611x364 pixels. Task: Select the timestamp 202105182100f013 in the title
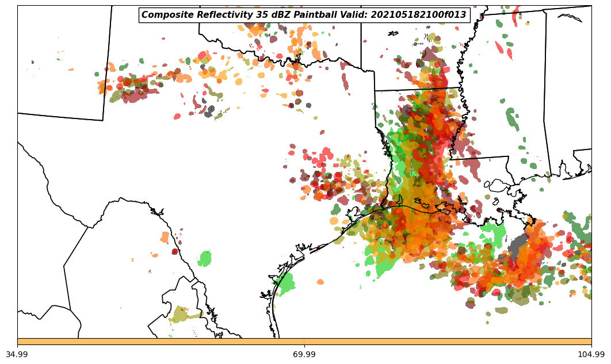(x=418, y=15)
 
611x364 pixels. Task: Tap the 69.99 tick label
(x=304, y=354)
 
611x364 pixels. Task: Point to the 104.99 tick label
(x=591, y=354)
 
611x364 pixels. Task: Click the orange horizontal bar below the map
(x=304, y=342)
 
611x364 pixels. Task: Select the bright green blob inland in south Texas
(x=205, y=258)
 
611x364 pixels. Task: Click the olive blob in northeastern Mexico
(x=185, y=315)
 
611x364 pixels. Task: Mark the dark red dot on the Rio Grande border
(x=175, y=251)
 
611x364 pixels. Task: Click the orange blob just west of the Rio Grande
(x=165, y=237)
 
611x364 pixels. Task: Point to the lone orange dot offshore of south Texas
(x=320, y=282)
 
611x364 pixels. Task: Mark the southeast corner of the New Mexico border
(x=103, y=120)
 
